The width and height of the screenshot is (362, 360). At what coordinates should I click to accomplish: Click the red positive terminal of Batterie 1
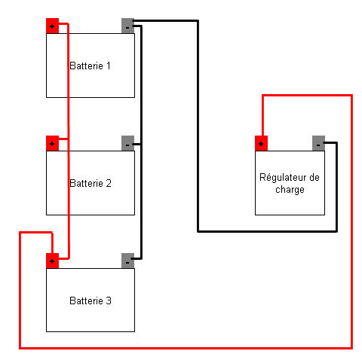click(x=52, y=26)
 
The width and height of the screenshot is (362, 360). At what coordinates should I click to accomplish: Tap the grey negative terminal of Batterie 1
click(x=127, y=26)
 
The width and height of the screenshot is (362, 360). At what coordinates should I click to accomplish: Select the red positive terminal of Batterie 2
click(x=52, y=142)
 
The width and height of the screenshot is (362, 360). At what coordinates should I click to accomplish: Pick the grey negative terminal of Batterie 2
click(x=127, y=143)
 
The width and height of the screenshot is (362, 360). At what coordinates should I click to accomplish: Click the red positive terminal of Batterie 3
click(x=52, y=261)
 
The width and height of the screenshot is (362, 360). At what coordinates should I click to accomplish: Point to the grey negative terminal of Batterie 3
click(x=127, y=261)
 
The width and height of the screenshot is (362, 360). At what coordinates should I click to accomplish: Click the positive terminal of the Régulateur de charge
click(x=261, y=143)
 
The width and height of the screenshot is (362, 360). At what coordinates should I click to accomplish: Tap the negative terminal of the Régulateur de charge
click(x=318, y=143)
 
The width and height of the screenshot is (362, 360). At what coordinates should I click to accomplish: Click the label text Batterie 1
click(x=90, y=66)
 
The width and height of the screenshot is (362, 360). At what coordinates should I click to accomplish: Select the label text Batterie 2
click(x=90, y=183)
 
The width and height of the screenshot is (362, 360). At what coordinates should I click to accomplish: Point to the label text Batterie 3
click(x=90, y=301)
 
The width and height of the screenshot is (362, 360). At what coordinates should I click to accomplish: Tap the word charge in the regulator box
click(x=290, y=190)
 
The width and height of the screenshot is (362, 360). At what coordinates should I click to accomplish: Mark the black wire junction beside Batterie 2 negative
click(x=141, y=143)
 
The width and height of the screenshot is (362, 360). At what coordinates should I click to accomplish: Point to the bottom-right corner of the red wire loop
click(x=352, y=349)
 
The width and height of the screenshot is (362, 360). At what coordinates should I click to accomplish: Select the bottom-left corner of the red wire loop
click(x=19, y=349)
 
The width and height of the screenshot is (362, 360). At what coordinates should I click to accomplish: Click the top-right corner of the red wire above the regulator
click(x=352, y=95)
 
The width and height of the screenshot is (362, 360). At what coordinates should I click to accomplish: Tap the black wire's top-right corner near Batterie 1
click(x=198, y=22)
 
